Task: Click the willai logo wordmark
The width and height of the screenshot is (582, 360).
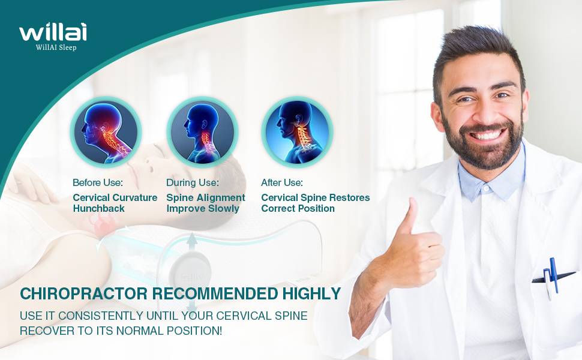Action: tap(53, 32)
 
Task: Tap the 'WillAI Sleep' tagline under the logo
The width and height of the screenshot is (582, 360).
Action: tap(56, 47)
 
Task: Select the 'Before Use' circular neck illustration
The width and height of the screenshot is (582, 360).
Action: tap(106, 132)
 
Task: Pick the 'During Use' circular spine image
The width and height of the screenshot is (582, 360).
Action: tap(202, 132)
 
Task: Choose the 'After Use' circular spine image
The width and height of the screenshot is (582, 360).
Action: tap(297, 132)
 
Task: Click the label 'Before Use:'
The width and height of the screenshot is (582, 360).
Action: tap(98, 182)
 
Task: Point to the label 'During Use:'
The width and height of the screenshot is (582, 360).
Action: tap(192, 182)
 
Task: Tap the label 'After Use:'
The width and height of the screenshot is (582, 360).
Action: tap(282, 182)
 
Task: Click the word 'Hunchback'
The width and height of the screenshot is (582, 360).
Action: tap(99, 209)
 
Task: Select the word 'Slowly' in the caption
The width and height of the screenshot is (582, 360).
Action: tap(223, 209)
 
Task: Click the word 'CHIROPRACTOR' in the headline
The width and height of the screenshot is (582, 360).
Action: tap(84, 293)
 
